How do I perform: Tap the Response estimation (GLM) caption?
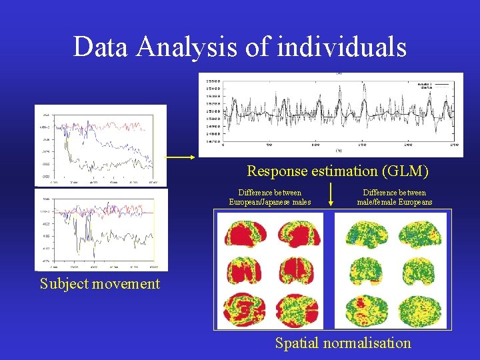click(x=337, y=171)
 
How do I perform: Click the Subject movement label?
click(x=100, y=283)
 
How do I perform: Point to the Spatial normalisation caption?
click(x=343, y=343)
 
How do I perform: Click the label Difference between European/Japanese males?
click(x=269, y=197)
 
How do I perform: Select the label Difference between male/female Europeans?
click(x=394, y=197)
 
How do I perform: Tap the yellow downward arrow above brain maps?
click(x=331, y=193)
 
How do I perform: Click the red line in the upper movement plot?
click(x=107, y=125)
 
